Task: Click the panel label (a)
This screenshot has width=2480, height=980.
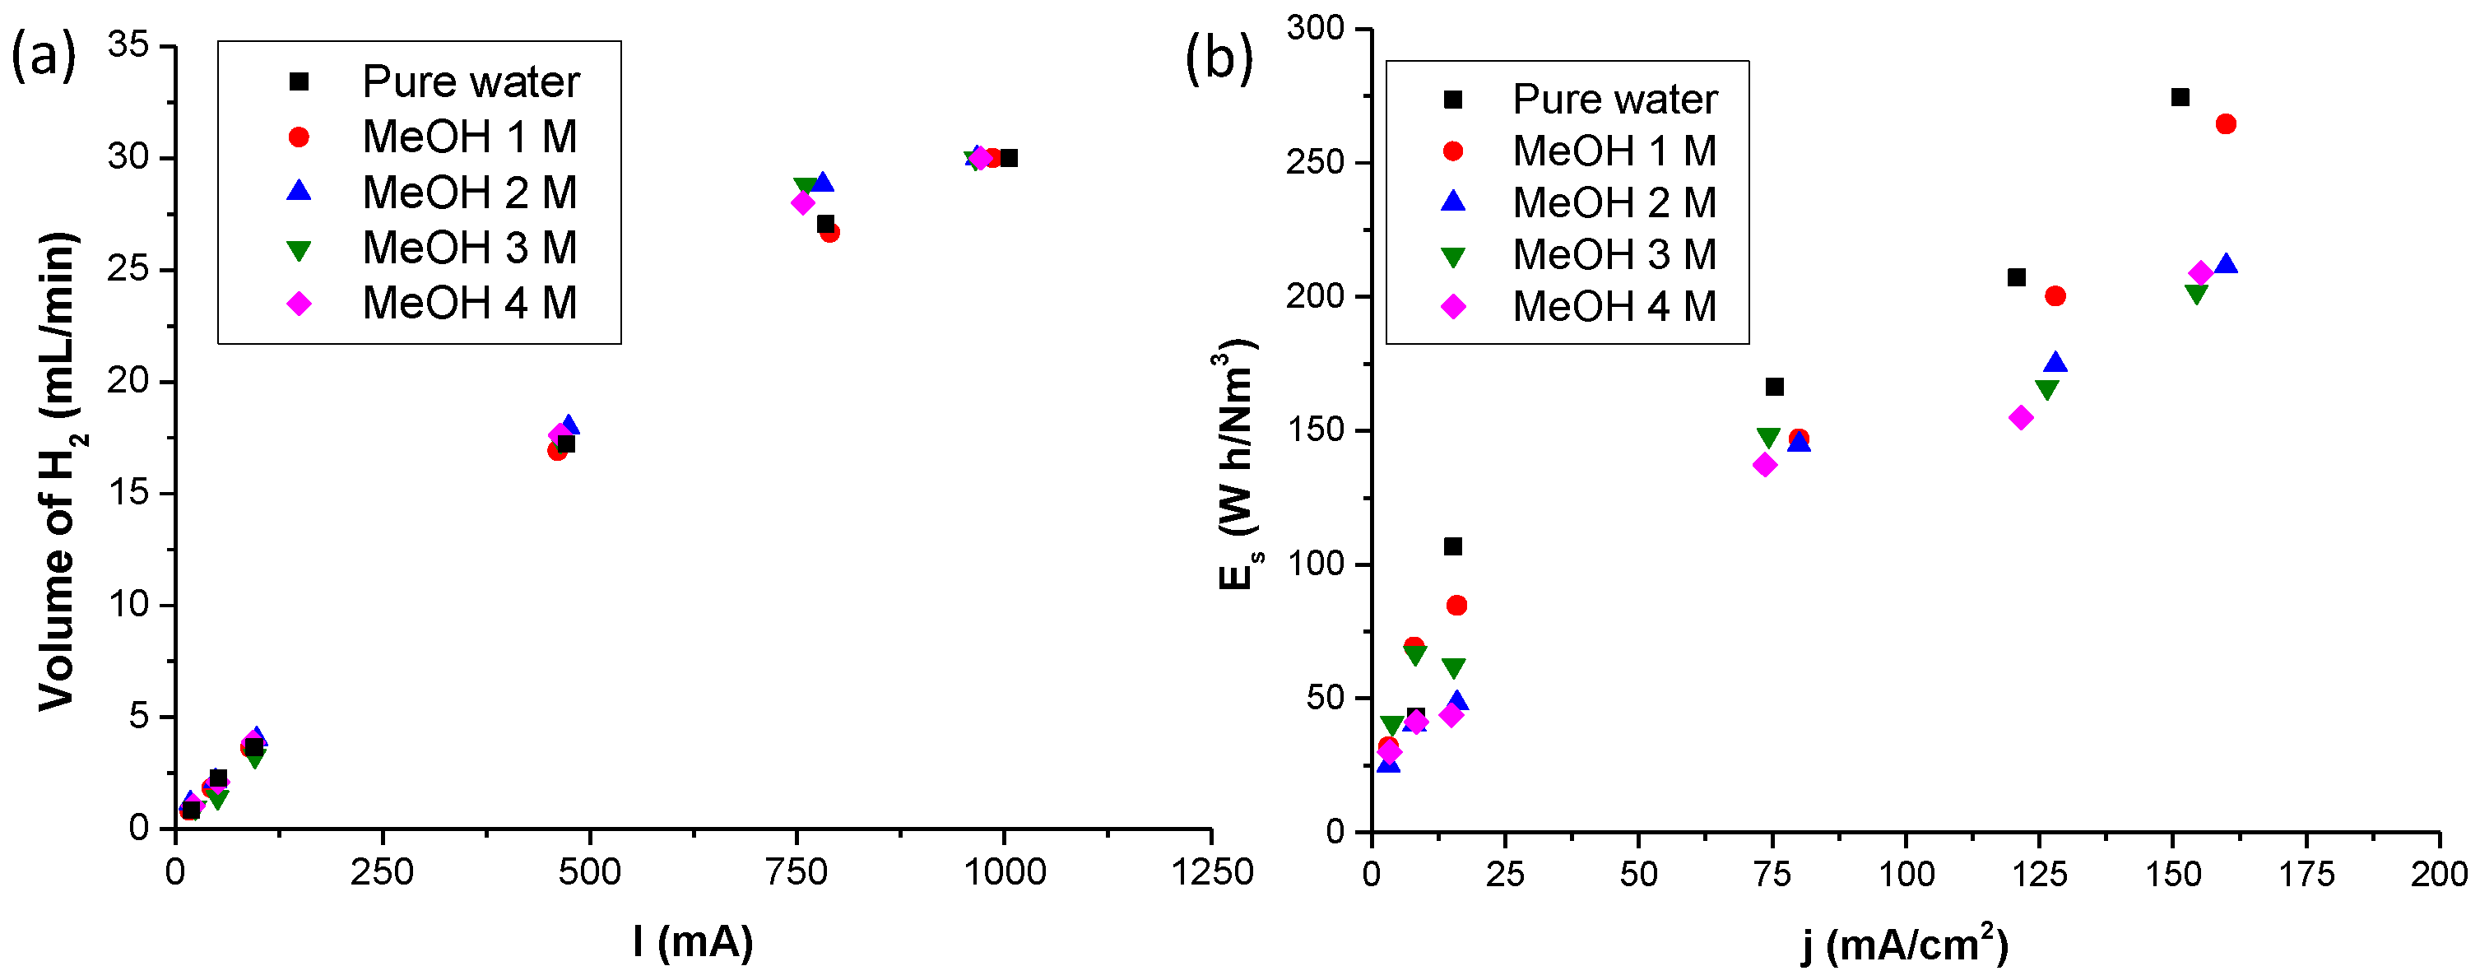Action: (44, 58)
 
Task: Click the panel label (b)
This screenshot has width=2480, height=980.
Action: (1219, 60)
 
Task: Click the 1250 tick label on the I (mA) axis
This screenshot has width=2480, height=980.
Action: (1211, 873)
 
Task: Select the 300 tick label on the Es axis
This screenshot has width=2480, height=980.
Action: (1315, 29)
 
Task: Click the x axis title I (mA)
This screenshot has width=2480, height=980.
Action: (693, 941)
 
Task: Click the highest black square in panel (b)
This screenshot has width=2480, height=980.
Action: (2180, 97)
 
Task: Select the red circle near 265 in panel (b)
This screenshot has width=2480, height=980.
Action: (2226, 124)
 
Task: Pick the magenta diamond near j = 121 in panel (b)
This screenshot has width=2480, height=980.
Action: (2021, 418)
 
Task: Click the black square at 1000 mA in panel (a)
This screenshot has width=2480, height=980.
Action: (1008, 158)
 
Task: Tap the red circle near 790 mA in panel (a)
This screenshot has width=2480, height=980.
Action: (830, 232)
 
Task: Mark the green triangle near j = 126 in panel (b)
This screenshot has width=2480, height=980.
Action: (2046, 390)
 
